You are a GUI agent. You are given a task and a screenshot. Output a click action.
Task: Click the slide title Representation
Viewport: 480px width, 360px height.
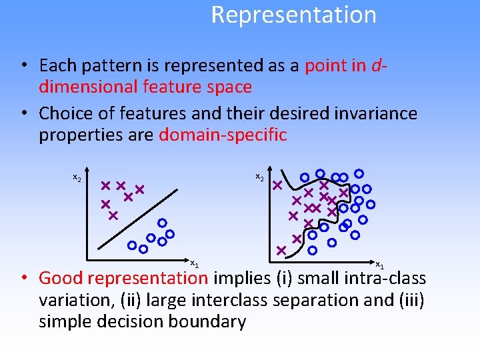tap(293, 15)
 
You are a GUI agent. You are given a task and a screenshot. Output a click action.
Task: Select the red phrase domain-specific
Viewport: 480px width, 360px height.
tap(223, 135)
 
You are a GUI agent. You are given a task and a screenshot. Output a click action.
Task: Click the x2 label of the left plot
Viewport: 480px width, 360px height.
tap(77, 178)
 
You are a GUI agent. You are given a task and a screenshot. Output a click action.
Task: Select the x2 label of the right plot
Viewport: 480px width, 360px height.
tap(260, 178)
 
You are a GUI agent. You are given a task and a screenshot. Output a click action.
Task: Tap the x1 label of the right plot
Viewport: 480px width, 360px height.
tap(379, 265)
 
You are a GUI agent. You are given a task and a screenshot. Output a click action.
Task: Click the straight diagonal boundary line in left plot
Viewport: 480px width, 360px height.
tap(140, 220)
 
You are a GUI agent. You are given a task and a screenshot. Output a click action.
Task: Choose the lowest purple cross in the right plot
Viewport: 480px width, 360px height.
tap(281, 250)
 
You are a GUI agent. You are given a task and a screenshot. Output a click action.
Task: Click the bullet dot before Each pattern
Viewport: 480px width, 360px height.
tap(23, 66)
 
